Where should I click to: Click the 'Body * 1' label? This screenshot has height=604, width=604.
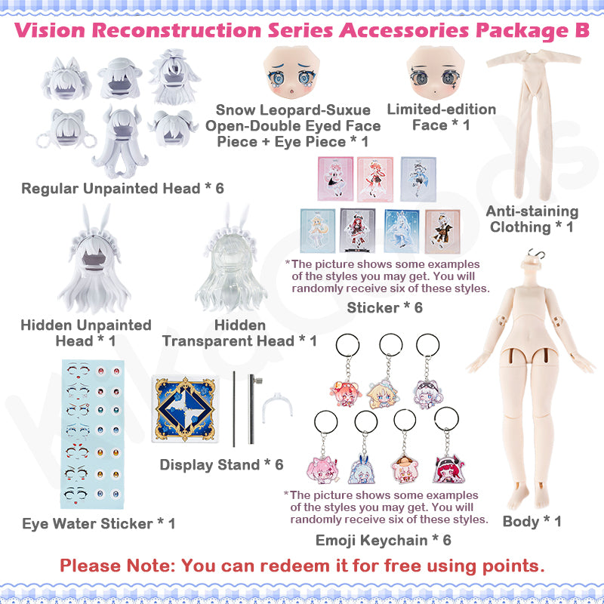click(x=532, y=521)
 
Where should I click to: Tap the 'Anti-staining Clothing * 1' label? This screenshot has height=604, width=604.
click(x=532, y=219)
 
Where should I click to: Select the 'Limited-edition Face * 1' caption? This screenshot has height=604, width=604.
click(x=441, y=117)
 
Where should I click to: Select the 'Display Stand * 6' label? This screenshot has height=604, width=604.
click(x=221, y=464)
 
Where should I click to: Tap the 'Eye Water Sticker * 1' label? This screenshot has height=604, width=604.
click(x=98, y=522)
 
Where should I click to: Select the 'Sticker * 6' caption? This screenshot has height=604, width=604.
click(x=384, y=307)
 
